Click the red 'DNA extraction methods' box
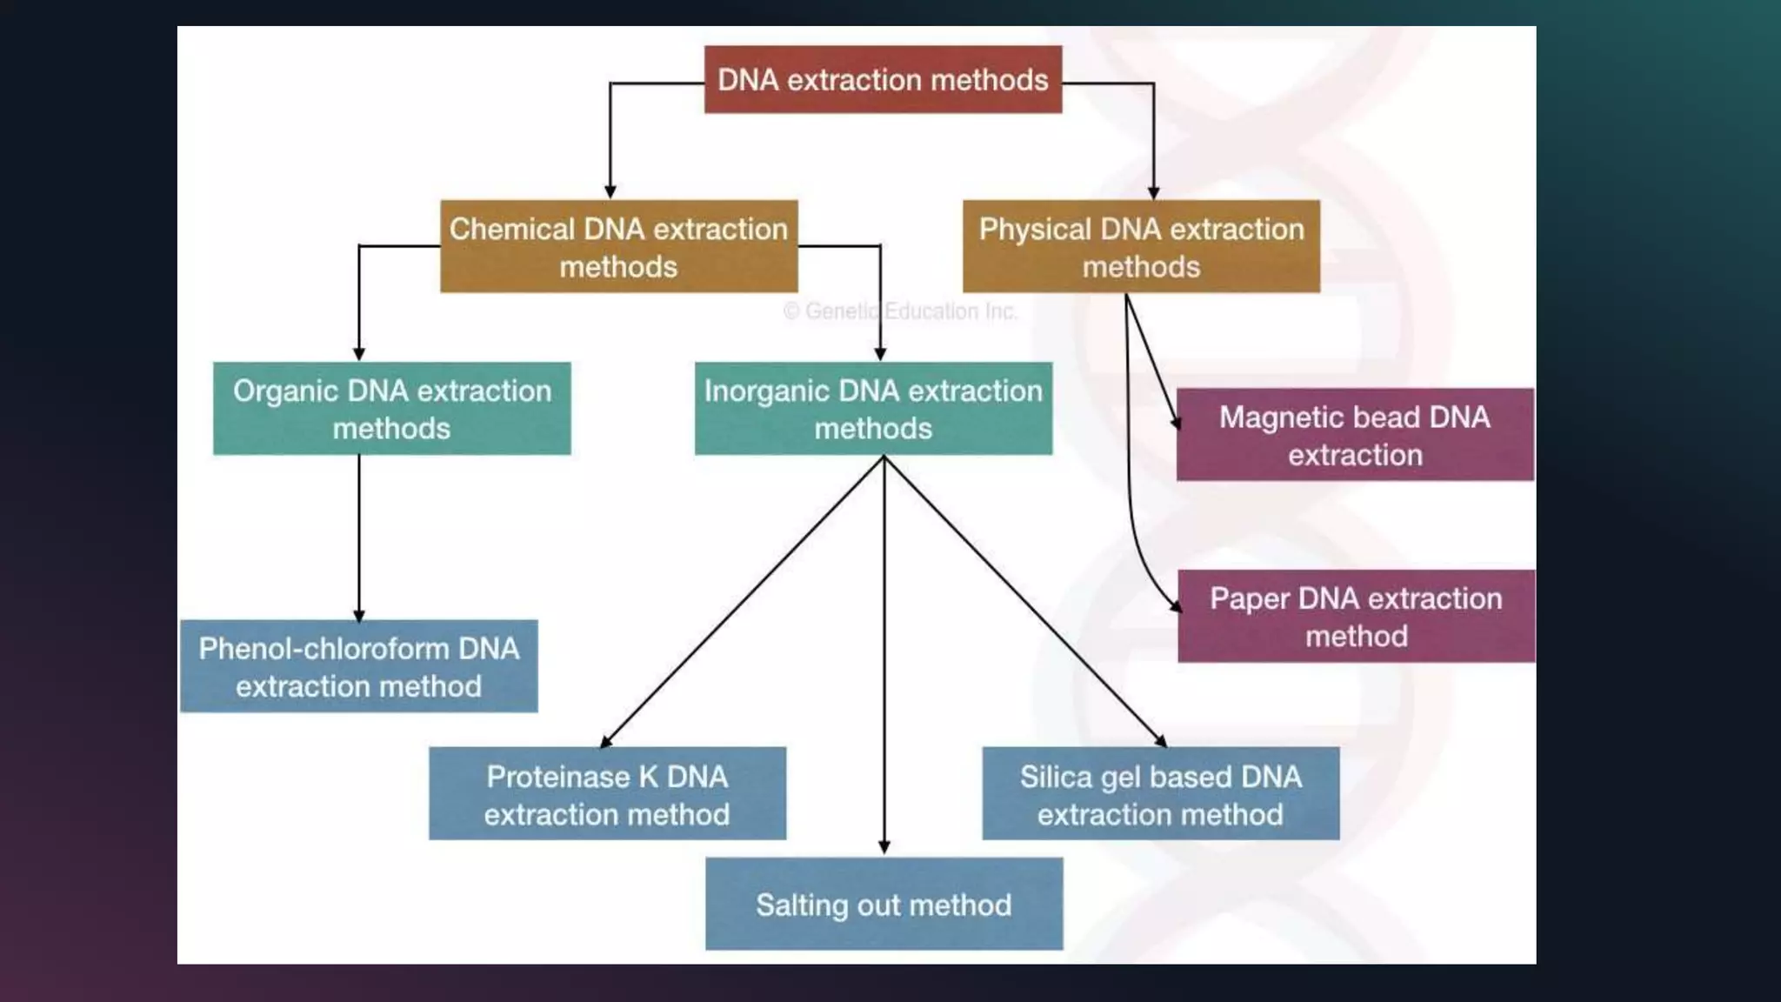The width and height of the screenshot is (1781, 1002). click(x=883, y=79)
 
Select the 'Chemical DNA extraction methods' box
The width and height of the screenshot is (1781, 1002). click(x=618, y=246)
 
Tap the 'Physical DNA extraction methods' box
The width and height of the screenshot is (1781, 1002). click(x=1141, y=246)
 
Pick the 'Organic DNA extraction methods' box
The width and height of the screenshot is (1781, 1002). click(x=391, y=408)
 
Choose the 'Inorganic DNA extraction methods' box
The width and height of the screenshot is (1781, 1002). click(x=873, y=408)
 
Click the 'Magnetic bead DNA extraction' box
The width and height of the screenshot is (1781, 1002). click(x=1355, y=435)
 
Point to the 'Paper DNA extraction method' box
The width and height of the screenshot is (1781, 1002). click(x=1356, y=616)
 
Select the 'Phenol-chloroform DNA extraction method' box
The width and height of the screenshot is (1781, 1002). click(x=358, y=666)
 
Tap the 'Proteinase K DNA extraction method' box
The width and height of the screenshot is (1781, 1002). click(x=607, y=793)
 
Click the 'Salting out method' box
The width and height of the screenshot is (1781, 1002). click(x=884, y=904)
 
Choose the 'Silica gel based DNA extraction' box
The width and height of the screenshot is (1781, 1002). click(x=1160, y=793)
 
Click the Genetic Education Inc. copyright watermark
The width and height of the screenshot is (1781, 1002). click(x=900, y=311)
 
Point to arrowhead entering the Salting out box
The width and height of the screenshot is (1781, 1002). click(x=884, y=847)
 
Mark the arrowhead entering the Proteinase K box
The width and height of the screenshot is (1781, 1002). click(x=606, y=741)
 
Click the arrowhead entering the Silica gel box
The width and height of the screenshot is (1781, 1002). click(x=1161, y=741)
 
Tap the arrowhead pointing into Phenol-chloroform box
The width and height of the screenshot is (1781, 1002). click(x=358, y=614)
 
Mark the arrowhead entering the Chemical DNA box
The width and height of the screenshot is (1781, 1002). click(x=610, y=191)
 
